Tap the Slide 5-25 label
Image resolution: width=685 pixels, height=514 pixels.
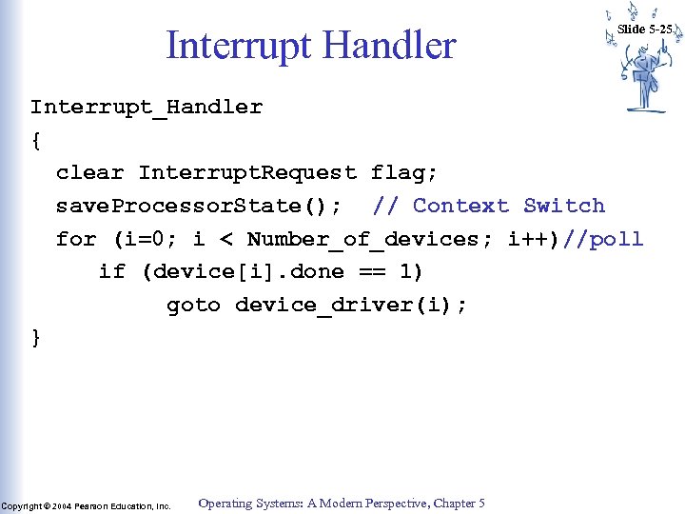pos(644,30)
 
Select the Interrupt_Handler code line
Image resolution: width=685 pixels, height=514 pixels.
pos(146,107)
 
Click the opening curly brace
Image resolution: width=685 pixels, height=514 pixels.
pos(36,140)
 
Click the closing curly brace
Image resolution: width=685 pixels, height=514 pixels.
pos(36,338)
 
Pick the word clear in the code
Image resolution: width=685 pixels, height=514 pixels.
pos(89,173)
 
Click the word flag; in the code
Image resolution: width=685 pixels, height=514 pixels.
pos(404,173)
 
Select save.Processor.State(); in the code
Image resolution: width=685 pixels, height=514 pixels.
pos(199,207)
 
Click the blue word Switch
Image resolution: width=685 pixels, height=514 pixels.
pos(564,207)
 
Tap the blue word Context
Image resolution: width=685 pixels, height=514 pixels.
pos(460,207)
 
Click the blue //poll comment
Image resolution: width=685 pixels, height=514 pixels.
pos(603,240)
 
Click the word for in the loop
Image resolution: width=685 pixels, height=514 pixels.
pos(76,240)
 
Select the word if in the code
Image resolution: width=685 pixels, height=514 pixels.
pos(111,272)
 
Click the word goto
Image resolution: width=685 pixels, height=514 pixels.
pos(193,306)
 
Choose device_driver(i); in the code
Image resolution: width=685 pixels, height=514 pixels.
pos(350,306)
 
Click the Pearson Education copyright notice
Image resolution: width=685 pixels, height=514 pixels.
pos(86,506)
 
